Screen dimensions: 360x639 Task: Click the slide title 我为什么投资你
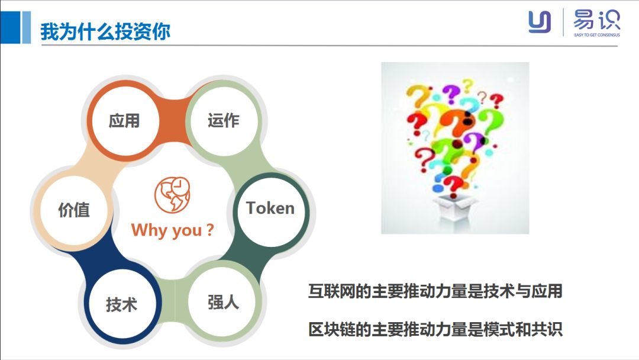click(x=105, y=31)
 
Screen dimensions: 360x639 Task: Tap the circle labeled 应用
click(x=124, y=121)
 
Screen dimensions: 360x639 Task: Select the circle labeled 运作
click(x=224, y=121)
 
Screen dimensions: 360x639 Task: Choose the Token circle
click(x=270, y=208)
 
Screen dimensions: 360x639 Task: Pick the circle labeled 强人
click(x=224, y=303)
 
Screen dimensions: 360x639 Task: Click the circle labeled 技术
click(x=122, y=304)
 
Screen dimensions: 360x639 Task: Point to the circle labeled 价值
click(x=74, y=210)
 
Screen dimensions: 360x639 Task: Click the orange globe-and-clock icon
click(x=172, y=194)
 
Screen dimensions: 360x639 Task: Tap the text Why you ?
click(x=172, y=230)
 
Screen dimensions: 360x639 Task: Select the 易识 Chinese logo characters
click(x=596, y=20)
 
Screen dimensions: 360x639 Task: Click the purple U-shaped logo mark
click(x=540, y=22)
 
